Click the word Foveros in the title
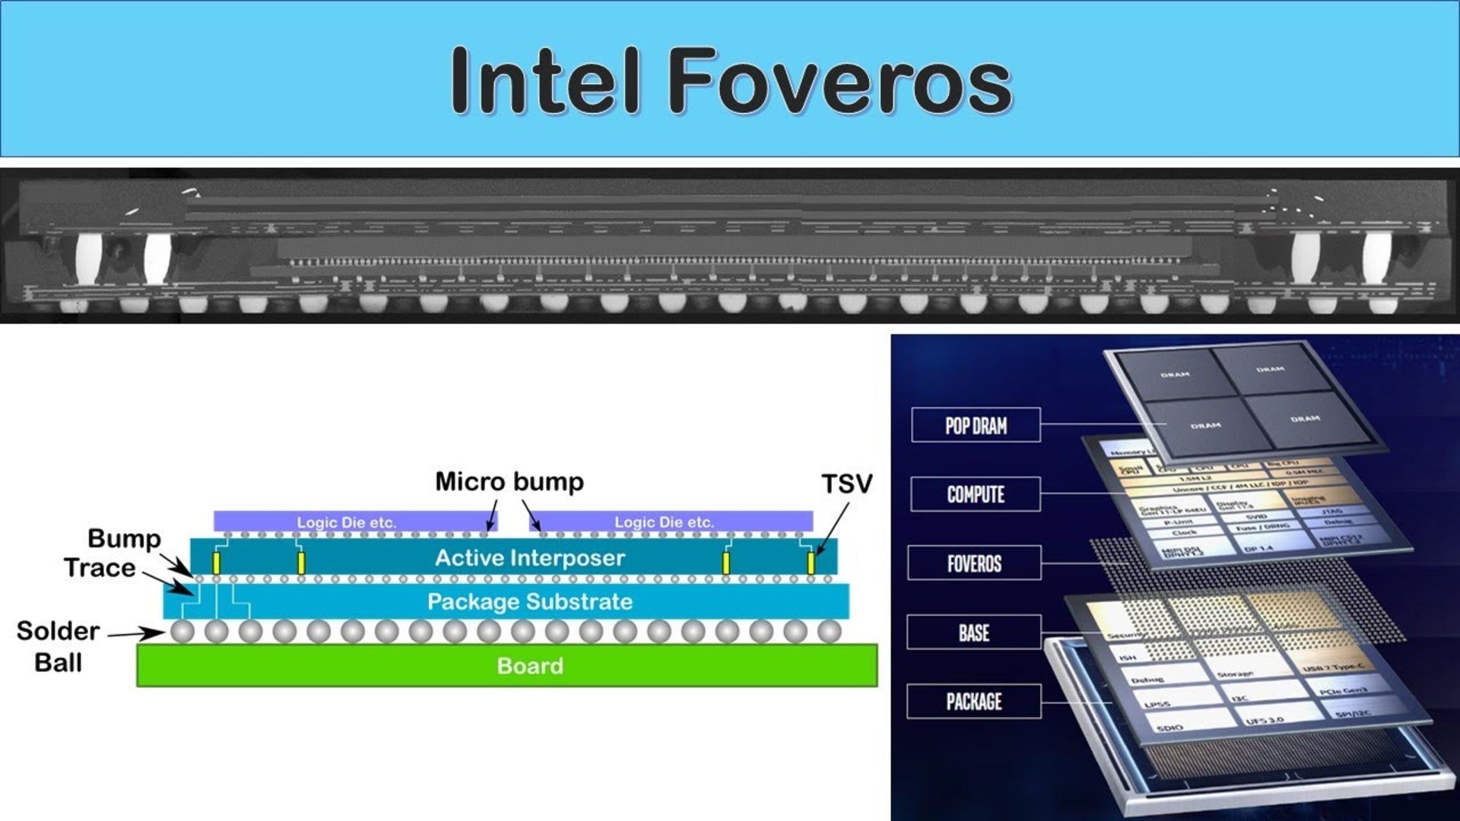pyautogui.click(x=843, y=81)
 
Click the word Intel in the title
pyautogui.click(x=544, y=81)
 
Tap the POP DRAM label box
pyautogui.click(x=976, y=426)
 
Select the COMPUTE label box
pyautogui.click(x=976, y=495)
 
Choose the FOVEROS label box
pyautogui.click(x=974, y=563)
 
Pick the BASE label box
pyautogui.click(x=973, y=632)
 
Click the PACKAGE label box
pyautogui.click(x=973, y=701)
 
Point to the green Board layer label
pyautogui.click(x=530, y=666)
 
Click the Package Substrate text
pyautogui.click(x=530, y=601)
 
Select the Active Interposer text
pyautogui.click(x=530, y=558)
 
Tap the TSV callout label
pyautogui.click(x=846, y=483)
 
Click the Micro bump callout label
pyautogui.click(x=509, y=482)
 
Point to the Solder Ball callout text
pyautogui.click(x=58, y=646)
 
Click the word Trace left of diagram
pyautogui.click(x=100, y=568)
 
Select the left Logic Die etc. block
pyautogui.click(x=347, y=522)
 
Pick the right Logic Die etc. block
pyautogui.click(x=665, y=522)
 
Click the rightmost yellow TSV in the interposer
pyautogui.click(x=811, y=563)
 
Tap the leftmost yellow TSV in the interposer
pyautogui.click(x=217, y=563)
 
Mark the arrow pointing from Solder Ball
pyautogui.click(x=135, y=633)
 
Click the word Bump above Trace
pyautogui.click(x=124, y=538)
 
